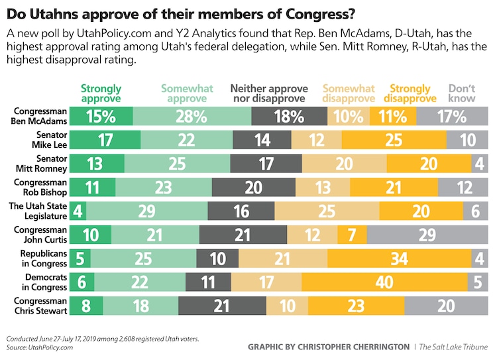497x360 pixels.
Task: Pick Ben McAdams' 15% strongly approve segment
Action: click(x=101, y=117)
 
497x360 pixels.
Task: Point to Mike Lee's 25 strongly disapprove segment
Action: click(x=403, y=141)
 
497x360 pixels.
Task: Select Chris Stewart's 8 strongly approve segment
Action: click(x=86, y=306)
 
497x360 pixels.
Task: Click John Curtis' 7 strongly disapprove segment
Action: click(x=352, y=235)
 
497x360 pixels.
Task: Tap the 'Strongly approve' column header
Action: click(x=101, y=93)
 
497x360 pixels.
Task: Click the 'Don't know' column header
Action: click(x=461, y=93)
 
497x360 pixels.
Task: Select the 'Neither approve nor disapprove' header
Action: click(x=268, y=93)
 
